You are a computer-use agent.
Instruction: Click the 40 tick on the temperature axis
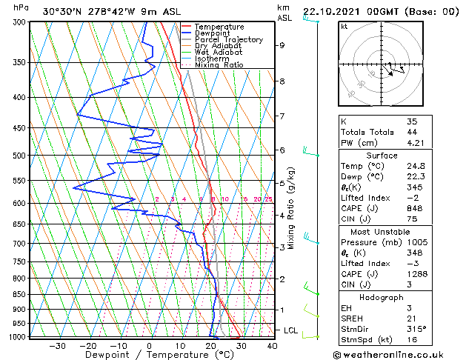pos(272,346)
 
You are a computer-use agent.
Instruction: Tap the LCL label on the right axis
pos(292,330)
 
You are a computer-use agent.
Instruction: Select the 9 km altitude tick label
pos(282,45)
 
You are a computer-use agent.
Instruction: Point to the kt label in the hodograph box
pos(344,27)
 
